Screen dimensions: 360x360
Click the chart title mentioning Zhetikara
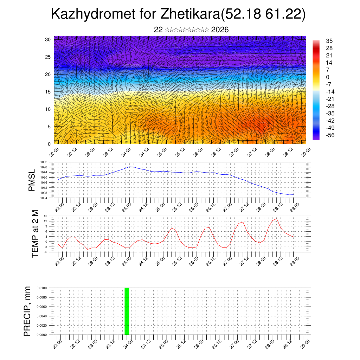pyautogui.click(x=178, y=14)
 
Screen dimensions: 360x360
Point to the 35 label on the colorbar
pyautogui.click(x=329, y=41)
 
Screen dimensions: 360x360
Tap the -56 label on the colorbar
pyautogui.click(x=331, y=135)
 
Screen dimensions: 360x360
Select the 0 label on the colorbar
pyautogui.click(x=328, y=77)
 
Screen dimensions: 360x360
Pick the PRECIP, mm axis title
pyautogui.click(x=27, y=311)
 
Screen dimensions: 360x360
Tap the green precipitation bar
pyautogui.click(x=127, y=311)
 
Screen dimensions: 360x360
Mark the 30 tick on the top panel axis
pyautogui.click(x=48, y=39)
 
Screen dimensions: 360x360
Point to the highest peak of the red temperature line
pyautogui.click(x=277, y=219)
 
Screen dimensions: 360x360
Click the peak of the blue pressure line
pyautogui.click(x=130, y=167)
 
